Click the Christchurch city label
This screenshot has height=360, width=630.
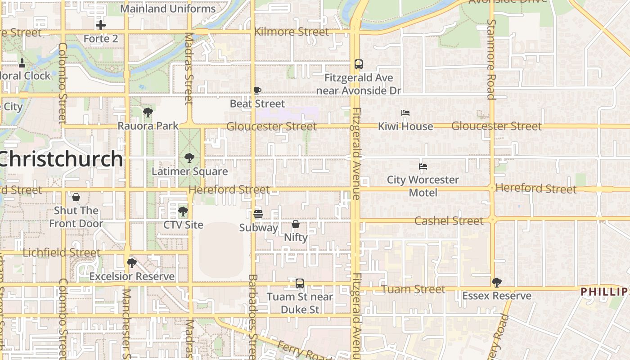click(61, 159)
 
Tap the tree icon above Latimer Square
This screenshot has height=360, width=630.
click(189, 158)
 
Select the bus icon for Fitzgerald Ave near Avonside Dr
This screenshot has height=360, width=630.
click(358, 64)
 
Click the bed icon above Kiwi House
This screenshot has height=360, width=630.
click(405, 113)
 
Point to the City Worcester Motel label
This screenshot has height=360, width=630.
click(423, 186)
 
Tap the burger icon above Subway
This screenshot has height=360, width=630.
click(258, 214)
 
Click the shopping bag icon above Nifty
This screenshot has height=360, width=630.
click(296, 224)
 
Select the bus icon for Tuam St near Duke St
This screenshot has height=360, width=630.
click(300, 283)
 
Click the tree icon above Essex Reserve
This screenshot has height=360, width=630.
click(496, 282)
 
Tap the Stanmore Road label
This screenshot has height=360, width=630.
click(491, 59)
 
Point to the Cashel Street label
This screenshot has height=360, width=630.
click(449, 220)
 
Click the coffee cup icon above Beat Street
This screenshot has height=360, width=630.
click(257, 90)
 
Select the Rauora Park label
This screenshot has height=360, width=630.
click(148, 126)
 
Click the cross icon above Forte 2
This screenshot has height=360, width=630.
click(101, 25)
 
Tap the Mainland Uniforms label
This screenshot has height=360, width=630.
click(168, 9)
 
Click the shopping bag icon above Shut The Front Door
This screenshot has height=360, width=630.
click(76, 197)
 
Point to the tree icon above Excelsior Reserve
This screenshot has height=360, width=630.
click(132, 263)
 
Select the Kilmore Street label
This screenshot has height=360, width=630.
click(292, 32)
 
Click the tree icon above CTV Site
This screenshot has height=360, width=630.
click(183, 211)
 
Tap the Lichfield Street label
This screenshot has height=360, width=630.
click(61, 252)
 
